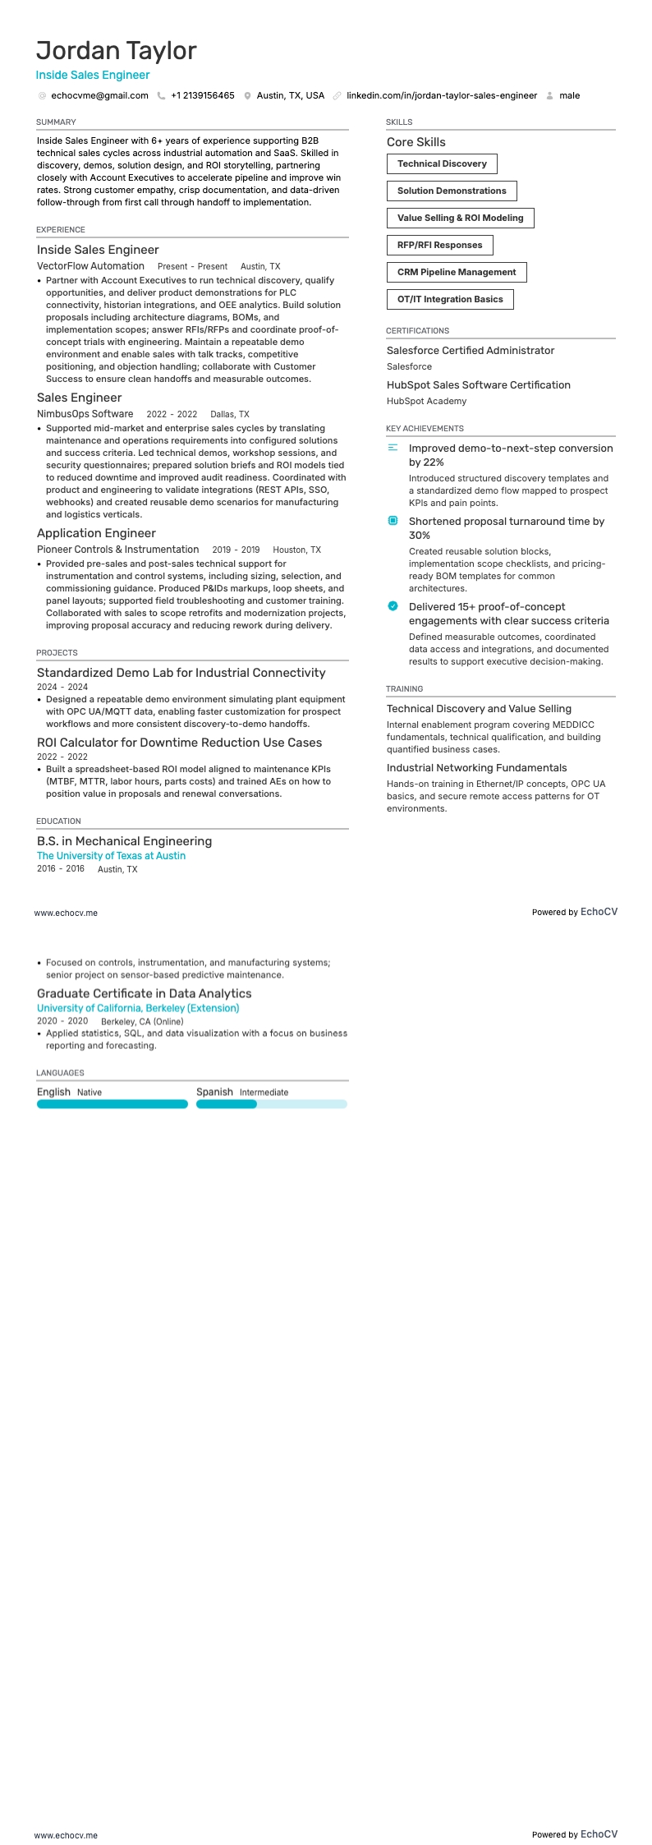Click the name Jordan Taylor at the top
coord(116,51)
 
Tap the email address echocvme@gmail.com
coord(99,95)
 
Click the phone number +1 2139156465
coord(202,95)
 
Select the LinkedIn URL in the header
coord(441,95)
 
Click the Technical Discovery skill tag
coord(442,163)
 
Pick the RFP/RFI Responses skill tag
coord(439,245)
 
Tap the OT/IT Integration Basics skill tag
coord(450,299)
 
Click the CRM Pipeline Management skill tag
coord(457,272)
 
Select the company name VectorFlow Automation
coord(90,266)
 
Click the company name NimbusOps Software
coord(85,414)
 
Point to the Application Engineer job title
coord(96,533)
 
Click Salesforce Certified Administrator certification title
coord(470,350)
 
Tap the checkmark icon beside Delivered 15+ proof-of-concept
coord(393,606)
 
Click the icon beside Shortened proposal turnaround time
coord(393,521)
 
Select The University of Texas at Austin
coord(111,855)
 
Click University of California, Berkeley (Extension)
coord(138,1008)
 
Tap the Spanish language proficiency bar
coord(271,1104)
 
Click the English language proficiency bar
coord(112,1104)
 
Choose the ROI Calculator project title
coord(179,743)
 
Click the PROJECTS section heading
coord(57,652)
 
